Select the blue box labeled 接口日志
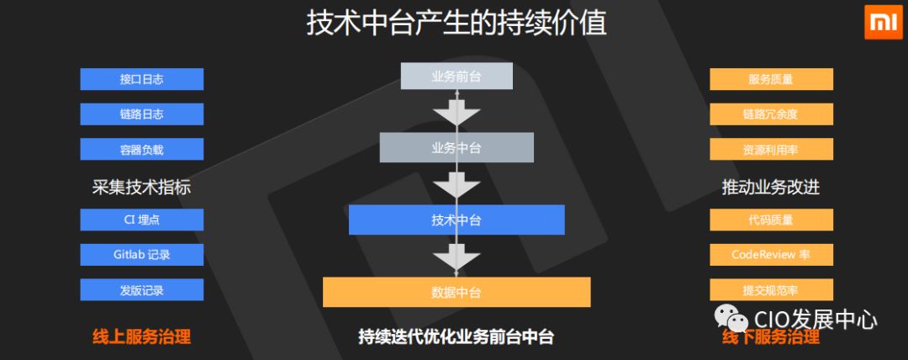(141, 79)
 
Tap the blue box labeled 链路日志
(141, 114)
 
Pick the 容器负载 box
(141, 150)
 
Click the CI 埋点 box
(141, 220)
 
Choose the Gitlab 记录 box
(141, 255)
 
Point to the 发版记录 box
(141, 290)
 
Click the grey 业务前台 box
(456, 77)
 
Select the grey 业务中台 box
(456, 148)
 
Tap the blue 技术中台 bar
(456, 220)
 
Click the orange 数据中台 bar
(456, 292)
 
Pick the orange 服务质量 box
(771, 79)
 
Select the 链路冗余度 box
(771, 114)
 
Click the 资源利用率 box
(771, 150)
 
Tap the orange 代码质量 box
(771, 220)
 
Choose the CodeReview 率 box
(771, 255)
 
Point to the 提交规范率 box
(771, 290)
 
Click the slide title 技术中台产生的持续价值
(456, 23)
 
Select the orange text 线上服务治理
(141, 337)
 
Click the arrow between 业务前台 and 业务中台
(456, 111)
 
